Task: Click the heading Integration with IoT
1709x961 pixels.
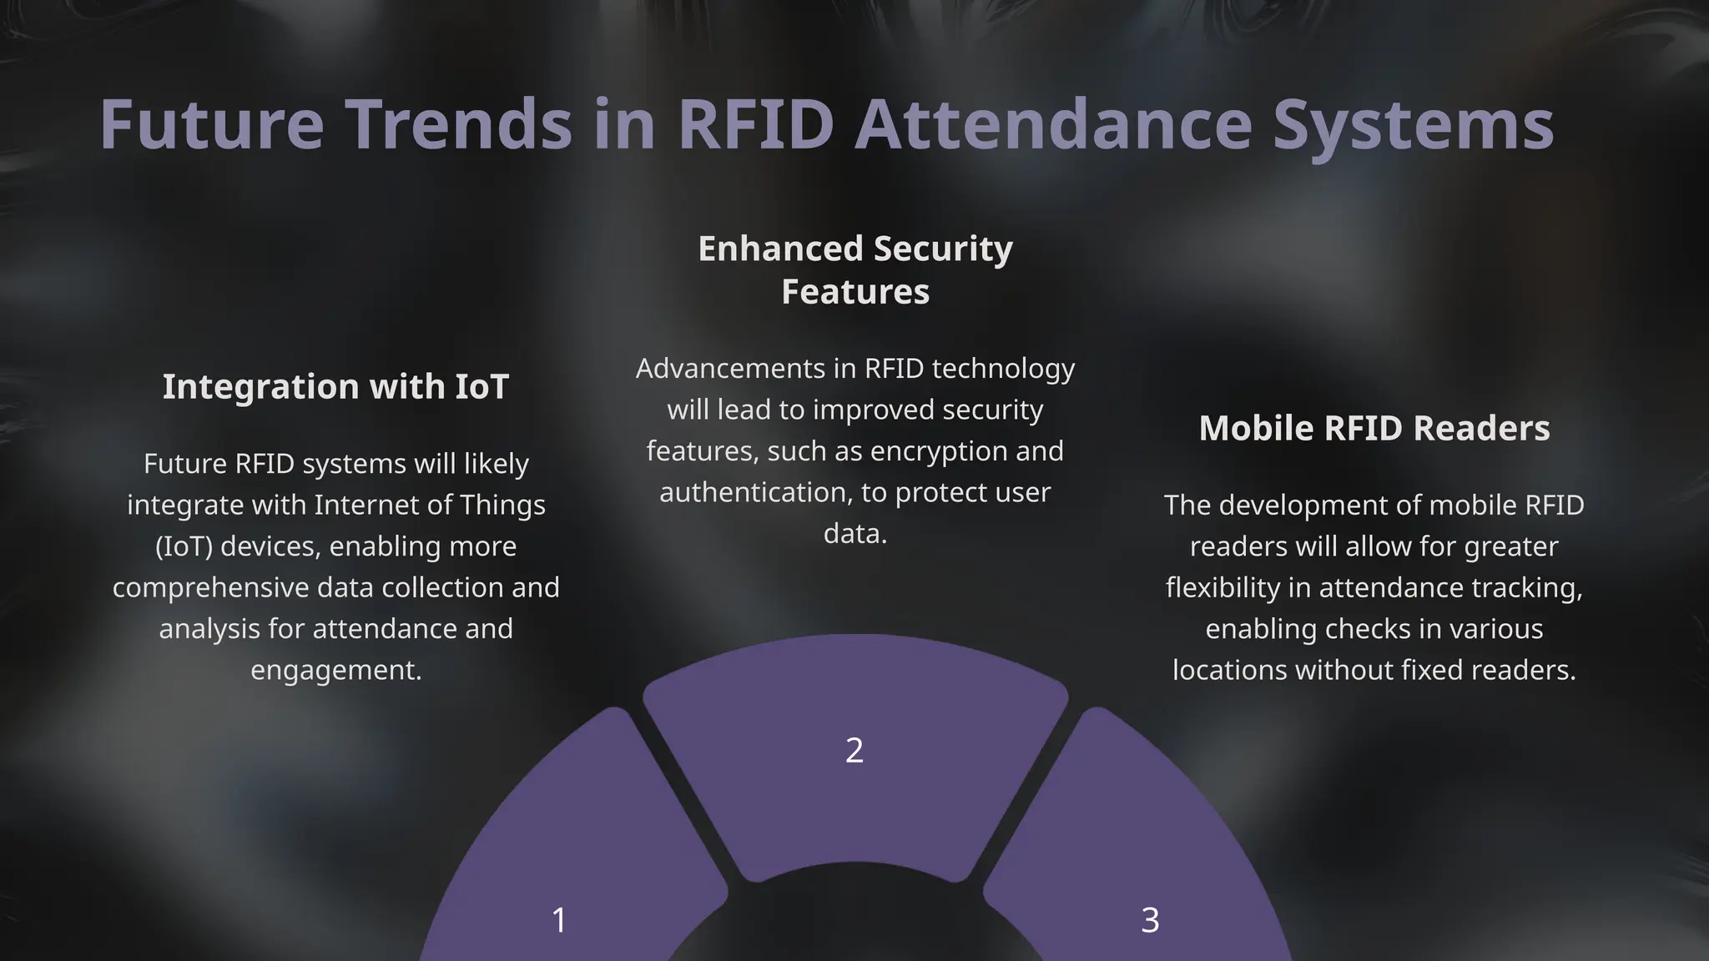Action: coord(335,386)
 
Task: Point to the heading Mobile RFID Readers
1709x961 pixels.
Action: coord(1374,428)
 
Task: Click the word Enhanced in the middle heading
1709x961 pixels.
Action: coord(780,249)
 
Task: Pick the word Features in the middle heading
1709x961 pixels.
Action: coord(855,292)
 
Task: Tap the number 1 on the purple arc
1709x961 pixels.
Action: coord(559,920)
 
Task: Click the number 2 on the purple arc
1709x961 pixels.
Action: coord(854,750)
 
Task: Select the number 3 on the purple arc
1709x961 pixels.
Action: coord(1150,920)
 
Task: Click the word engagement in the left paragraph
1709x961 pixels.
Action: coord(335,670)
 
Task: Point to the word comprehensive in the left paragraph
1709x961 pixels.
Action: coord(211,587)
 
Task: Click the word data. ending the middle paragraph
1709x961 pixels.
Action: coord(855,533)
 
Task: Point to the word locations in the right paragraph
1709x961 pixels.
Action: coord(1229,670)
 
